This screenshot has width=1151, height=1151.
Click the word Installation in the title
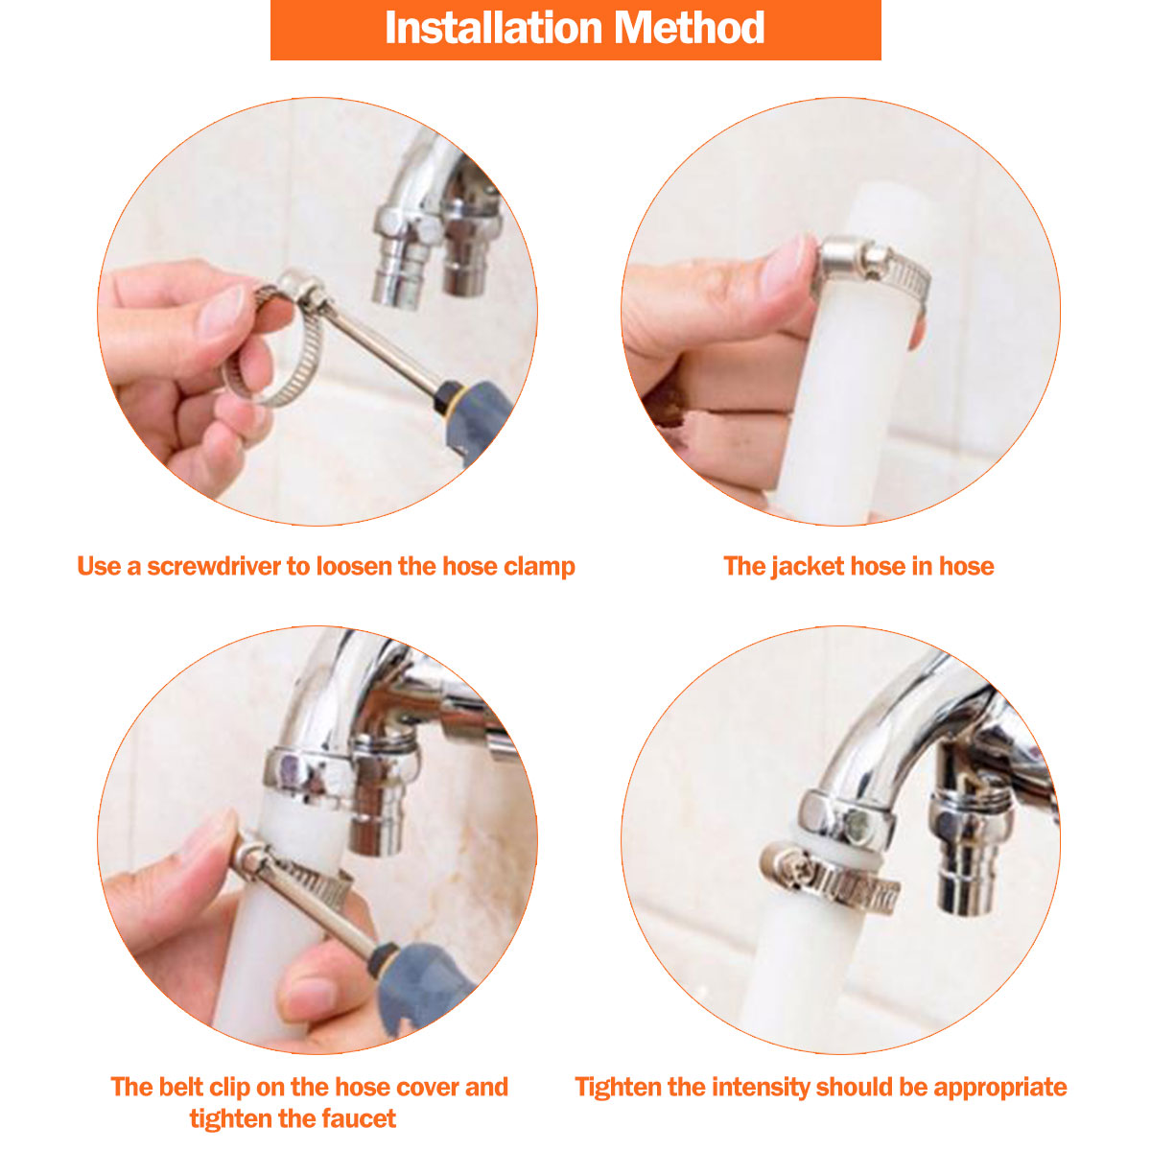(x=493, y=28)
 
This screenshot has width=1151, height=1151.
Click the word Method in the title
(x=690, y=28)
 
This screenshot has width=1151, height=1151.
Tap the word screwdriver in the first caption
(x=215, y=566)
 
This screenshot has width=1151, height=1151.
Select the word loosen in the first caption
(x=354, y=566)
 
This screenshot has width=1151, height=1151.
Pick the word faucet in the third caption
(x=360, y=1118)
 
